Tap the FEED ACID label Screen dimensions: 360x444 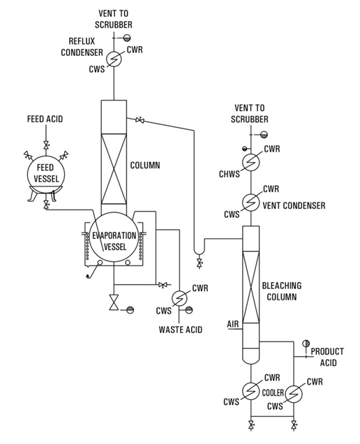[x=45, y=119]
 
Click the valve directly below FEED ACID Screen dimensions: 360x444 [x=46, y=145]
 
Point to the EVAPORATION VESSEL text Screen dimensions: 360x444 [x=114, y=242]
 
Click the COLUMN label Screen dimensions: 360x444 [x=145, y=165]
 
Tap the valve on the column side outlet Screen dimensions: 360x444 [x=140, y=120]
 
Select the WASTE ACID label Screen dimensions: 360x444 [x=181, y=330]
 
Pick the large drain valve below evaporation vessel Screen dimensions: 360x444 [x=114, y=302]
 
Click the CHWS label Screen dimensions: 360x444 [x=230, y=174]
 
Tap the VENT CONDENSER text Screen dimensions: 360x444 [x=294, y=205]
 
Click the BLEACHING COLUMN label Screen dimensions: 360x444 [x=282, y=291]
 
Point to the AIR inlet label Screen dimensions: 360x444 [x=233, y=324]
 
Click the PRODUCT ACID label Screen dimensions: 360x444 [x=327, y=357]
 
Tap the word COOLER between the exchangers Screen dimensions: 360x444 [x=273, y=393]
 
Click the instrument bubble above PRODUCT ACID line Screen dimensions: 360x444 [x=306, y=343]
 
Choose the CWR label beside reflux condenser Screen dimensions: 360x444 [x=135, y=50]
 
